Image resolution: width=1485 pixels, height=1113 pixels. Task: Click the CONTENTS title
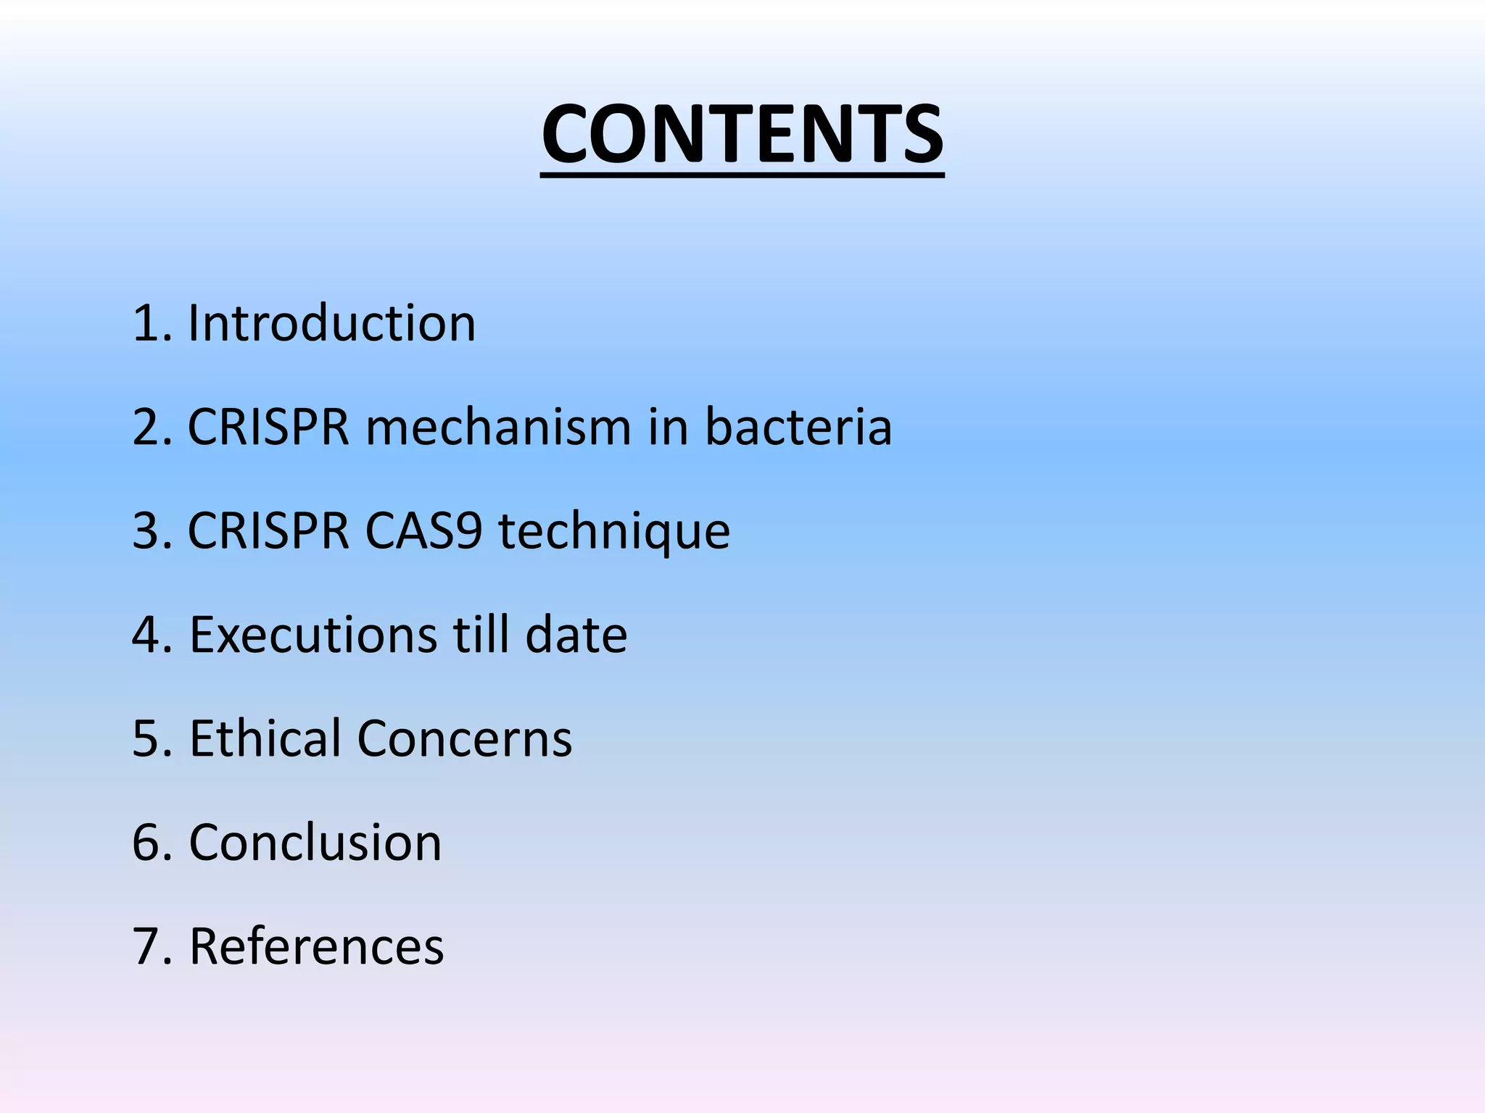click(x=742, y=135)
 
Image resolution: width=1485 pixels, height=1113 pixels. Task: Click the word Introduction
click(x=331, y=323)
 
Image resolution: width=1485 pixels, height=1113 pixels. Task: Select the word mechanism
click(x=498, y=428)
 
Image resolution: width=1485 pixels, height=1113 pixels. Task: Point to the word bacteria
click(x=798, y=428)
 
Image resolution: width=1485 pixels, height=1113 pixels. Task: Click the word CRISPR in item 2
click(x=268, y=428)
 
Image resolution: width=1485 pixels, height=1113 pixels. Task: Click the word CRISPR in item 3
click(x=268, y=531)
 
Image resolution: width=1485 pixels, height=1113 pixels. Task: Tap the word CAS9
click(x=423, y=531)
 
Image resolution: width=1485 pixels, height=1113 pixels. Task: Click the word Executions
click(x=313, y=635)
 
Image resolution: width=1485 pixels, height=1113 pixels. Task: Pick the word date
click(x=576, y=635)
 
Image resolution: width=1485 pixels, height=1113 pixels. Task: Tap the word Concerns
click(x=464, y=739)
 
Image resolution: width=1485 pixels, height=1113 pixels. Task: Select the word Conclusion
click(x=315, y=843)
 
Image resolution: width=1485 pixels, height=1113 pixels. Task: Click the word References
click(x=316, y=947)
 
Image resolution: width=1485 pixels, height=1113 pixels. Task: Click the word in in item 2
click(x=667, y=428)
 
